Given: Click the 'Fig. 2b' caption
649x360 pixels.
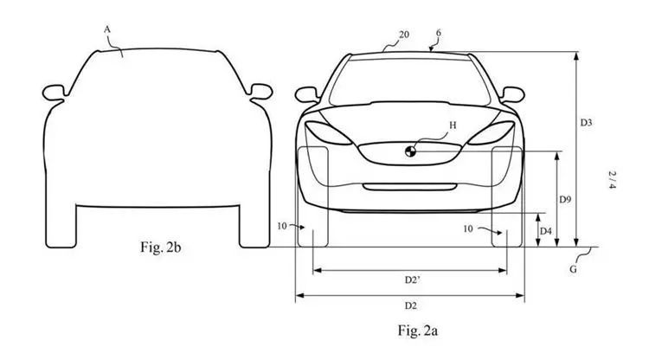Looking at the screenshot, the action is (161, 247).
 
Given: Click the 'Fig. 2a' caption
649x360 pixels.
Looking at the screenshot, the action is (418, 331).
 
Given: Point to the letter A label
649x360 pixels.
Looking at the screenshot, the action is (107, 29).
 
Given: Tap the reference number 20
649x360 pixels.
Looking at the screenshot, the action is (404, 35).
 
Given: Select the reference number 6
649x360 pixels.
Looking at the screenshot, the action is (439, 33).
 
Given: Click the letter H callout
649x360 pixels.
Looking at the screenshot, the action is (453, 125).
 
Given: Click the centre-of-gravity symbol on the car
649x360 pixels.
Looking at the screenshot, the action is (410, 151).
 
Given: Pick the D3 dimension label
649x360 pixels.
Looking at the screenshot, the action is (586, 123).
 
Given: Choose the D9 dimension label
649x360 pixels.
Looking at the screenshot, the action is (565, 199).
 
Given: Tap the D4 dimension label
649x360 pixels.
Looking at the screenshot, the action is (546, 231).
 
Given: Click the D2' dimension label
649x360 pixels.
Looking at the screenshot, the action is (412, 280).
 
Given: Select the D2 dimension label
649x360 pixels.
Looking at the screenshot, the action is (410, 305).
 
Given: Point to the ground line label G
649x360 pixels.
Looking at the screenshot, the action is (573, 269).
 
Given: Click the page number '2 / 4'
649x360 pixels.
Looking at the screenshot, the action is (612, 180).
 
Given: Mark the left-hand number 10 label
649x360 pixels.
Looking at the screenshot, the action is (282, 227).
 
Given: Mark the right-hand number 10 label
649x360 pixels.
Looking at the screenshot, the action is (468, 228).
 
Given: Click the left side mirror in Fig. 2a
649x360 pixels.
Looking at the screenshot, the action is (306, 94).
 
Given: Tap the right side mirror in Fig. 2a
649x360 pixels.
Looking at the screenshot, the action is (512, 94).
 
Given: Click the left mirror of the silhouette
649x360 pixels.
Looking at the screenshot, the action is (55, 93).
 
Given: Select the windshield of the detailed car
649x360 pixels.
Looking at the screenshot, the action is (410, 82).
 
